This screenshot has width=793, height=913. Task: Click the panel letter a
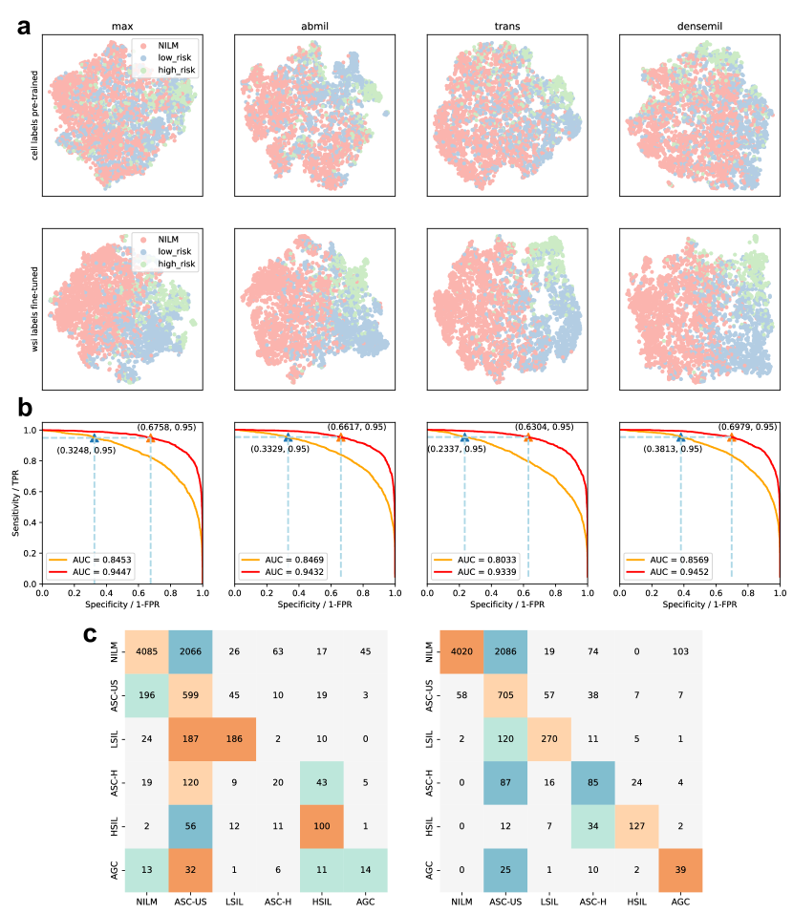point(26,24)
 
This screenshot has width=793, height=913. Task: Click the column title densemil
point(698,25)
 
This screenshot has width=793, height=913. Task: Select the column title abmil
point(314,25)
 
